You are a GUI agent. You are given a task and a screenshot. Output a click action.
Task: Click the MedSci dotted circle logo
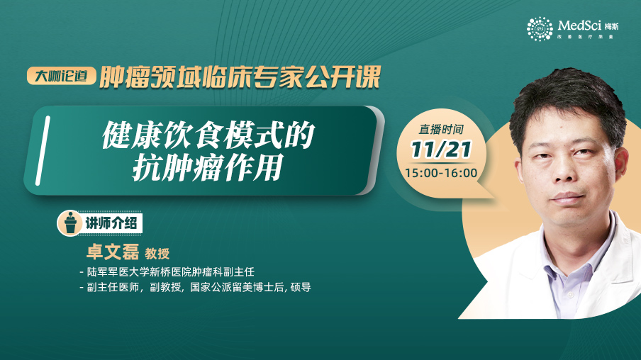coord(540,29)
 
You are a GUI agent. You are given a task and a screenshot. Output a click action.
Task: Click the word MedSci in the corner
coord(579,26)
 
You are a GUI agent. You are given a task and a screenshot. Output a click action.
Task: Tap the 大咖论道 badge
coord(61,76)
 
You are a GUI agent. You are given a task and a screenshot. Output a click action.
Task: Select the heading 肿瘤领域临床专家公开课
coord(240,77)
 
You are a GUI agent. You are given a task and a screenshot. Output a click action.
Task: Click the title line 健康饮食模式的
coord(208,135)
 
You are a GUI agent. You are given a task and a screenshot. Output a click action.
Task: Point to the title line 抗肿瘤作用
coord(208,167)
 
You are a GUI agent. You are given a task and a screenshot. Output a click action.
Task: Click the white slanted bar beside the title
coord(43,150)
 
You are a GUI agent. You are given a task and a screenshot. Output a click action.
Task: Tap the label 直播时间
coord(441,130)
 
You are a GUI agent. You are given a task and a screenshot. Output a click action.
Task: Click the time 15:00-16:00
coord(441,173)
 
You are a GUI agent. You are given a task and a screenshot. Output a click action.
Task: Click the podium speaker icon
coord(70,223)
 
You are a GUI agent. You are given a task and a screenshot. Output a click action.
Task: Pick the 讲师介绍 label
coord(111,223)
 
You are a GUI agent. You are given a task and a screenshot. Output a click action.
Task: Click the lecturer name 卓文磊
coord(113,252)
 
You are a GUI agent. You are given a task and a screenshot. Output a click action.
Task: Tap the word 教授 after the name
coord(157,254)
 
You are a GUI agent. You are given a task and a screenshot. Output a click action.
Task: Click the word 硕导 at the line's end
coord(301,287)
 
